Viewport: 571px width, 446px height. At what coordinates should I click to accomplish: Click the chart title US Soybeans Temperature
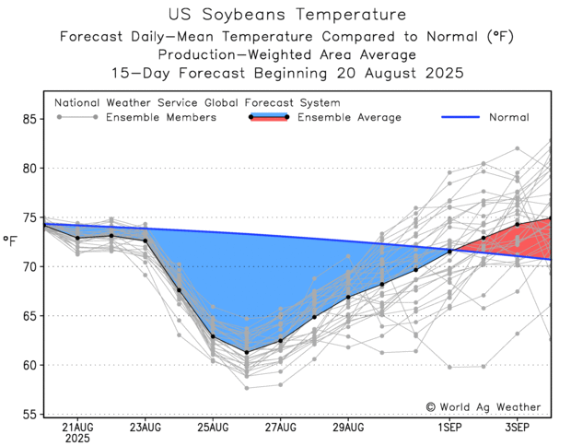point(286,15)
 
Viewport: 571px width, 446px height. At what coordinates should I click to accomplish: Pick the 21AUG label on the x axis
point(77,428)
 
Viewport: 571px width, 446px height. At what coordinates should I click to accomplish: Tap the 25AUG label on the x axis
point(213,428)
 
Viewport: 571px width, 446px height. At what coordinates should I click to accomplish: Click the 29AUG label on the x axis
point(348,428)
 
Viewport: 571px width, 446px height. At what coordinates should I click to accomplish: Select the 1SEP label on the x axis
point(449,428)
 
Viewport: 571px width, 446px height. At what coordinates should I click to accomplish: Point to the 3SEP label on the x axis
point(518,428)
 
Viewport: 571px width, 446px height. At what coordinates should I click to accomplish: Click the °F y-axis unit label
point(11,241)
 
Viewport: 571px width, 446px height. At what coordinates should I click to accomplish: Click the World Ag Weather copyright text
point(484,406)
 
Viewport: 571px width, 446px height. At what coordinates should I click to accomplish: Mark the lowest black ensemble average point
point(247,352)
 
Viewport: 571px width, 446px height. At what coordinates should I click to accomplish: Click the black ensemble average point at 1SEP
point(449,251)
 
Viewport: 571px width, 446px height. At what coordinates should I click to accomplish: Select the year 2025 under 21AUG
point(77,440)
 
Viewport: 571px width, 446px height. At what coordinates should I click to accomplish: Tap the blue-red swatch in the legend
point(269,117)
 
